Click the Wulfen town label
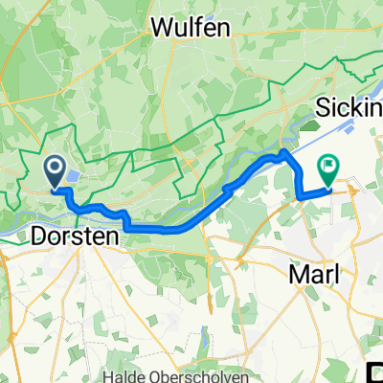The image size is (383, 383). (x=191, y=28)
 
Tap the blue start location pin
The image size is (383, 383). (x=55, y=171)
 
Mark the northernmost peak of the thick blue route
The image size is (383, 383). (x=283, y=151)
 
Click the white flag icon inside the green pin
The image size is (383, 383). (x=328, y=167)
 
